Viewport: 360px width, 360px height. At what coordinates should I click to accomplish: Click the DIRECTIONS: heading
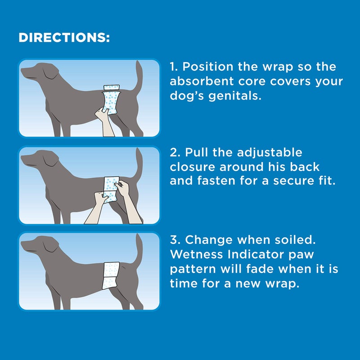64,38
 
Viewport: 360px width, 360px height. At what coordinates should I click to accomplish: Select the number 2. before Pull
176,153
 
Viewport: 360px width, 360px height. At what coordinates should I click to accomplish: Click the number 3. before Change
176,240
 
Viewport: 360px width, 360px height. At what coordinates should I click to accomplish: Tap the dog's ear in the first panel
51,73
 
